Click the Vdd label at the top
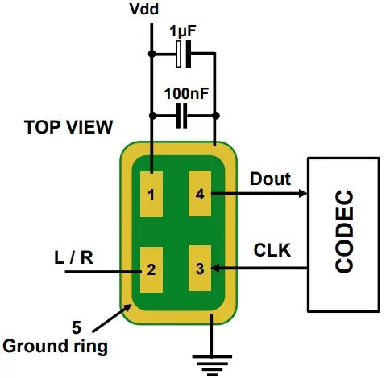(x=151, y=10)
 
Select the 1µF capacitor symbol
(x=184, y=54)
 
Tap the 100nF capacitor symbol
(x=184, y=119)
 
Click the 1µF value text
(x=185, y=31)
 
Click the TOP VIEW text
(x=68, y=127)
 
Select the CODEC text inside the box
(x=345, y=232)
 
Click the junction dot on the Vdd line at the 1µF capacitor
(x=151, y=54)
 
